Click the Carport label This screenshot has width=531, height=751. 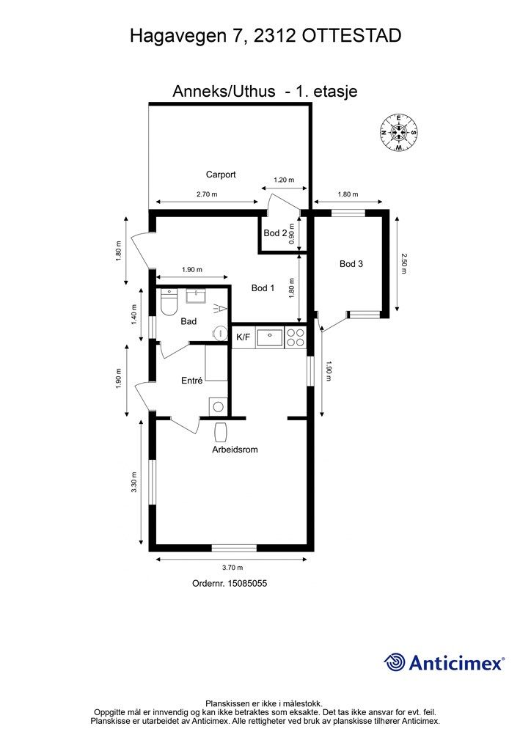pos(221,175)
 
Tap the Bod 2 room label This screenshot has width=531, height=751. pos(275,233)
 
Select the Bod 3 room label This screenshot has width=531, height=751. pos(351,263)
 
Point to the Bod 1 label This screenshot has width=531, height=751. pos(263,287)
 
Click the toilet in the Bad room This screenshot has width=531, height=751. pos(169,302)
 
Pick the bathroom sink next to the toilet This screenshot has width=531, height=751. pos(195,296)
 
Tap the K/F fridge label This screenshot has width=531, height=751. pos(243,337)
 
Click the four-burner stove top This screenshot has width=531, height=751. pos(296,337)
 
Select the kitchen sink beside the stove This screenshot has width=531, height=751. pos(271,337)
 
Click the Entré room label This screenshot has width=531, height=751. pos(192,381)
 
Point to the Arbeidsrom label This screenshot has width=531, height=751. pos(235,450)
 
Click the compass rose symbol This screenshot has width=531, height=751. pos(398,133)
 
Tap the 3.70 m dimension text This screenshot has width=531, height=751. pos(232,568)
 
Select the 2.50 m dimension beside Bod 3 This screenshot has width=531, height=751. pos(403,263)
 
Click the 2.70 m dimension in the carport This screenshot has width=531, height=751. pos(207,194)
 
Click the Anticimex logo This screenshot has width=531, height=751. pos(444,662)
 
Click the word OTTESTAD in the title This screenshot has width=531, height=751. pos(352,36)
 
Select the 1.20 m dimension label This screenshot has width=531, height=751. pos(284,180)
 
